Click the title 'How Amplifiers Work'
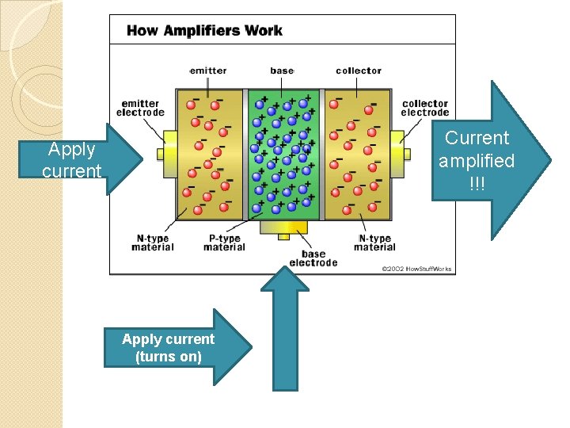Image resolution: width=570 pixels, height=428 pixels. click(204, 31)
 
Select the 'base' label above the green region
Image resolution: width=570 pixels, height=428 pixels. click(282, 71)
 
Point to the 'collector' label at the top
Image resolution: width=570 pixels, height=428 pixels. click(358, 71)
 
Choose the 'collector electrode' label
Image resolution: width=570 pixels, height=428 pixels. click(425, 108)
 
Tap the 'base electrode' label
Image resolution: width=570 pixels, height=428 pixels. click(313, 258)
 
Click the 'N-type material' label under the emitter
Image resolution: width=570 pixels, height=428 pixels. click(153, 243)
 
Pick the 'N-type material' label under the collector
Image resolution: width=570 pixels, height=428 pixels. click(374, 243)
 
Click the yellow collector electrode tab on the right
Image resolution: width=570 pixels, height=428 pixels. click(405, 153)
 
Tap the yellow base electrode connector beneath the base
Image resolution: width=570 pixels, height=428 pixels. click(283, 231)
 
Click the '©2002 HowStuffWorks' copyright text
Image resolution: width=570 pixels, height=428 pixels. click(416, 269)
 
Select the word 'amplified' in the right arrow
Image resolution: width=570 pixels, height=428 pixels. click(477, 161)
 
